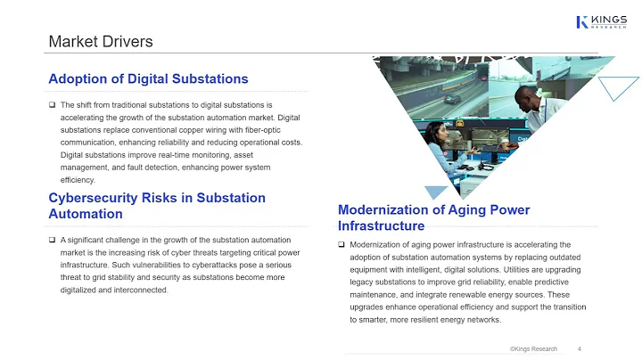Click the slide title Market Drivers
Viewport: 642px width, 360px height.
(x=100, y=41)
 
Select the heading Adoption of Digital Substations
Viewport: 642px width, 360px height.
(x=148, y=79)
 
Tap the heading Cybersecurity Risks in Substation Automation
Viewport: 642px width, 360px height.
(x=157, y=206)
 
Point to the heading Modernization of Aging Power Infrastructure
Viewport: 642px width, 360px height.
(x=433, y=217)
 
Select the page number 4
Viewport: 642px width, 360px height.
(x=580, y=348)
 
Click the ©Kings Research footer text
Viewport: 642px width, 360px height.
(x=533, y=348)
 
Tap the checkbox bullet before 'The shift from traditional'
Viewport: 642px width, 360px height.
(x=53, y=105)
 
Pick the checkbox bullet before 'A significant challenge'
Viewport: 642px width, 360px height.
(x=53, y=240)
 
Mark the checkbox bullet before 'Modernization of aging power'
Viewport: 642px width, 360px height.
(x=342, y=244)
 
